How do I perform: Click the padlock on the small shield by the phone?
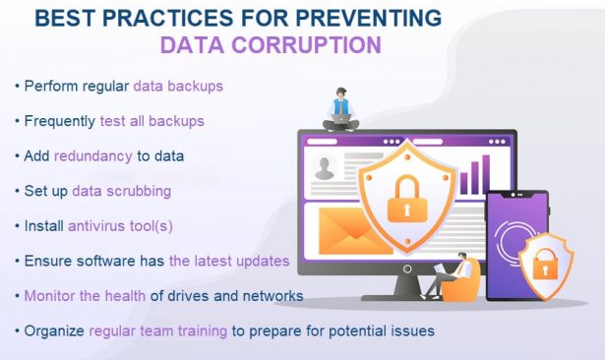[545, 265]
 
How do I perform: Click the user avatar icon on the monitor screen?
[324, 170]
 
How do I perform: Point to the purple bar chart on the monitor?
[474, 175]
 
